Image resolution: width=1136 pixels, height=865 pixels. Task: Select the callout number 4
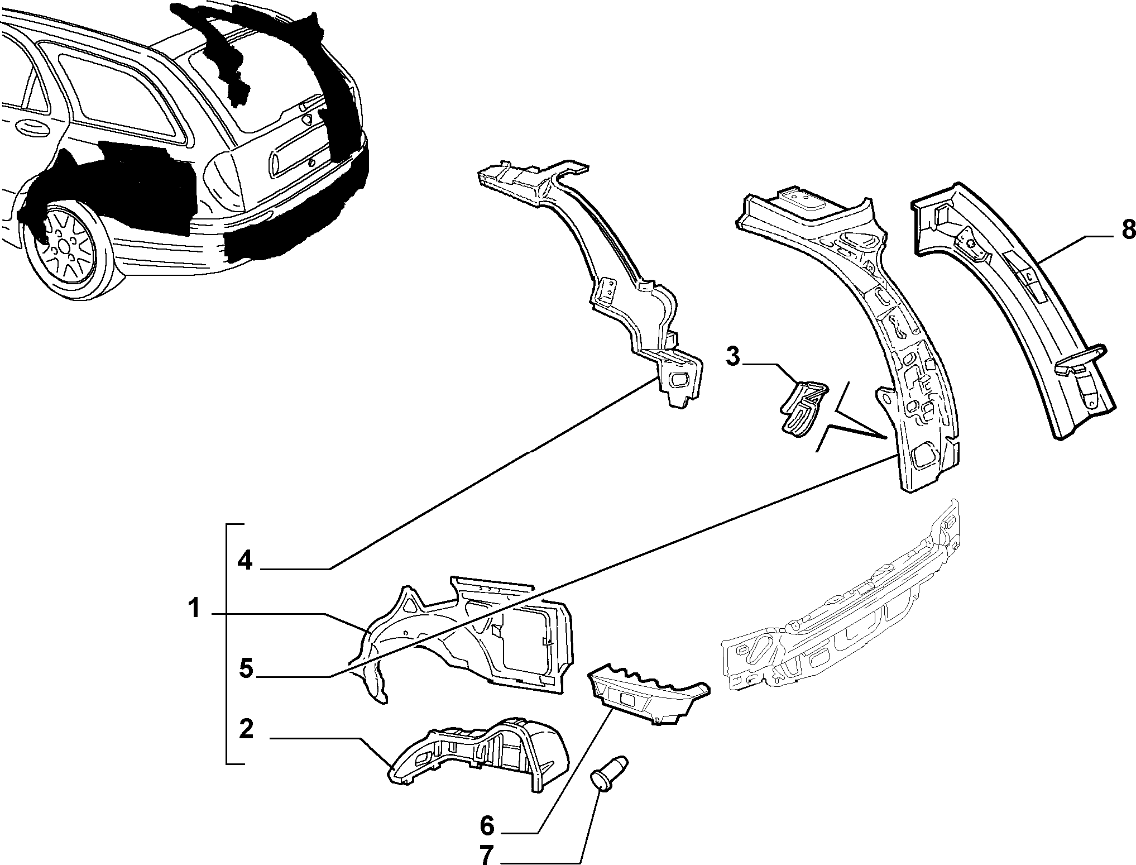click(245, 560)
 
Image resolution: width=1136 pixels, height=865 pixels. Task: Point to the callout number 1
click(194, 609)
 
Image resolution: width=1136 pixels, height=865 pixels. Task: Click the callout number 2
click(246, 729)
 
